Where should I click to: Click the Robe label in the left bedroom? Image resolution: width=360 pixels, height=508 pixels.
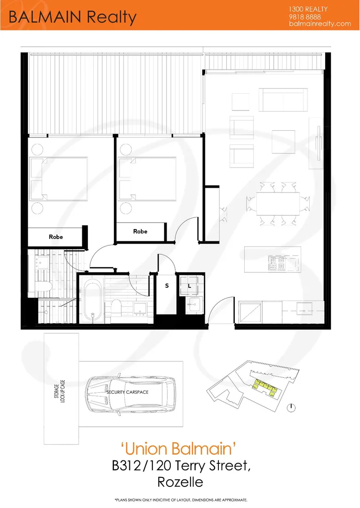point(56,237)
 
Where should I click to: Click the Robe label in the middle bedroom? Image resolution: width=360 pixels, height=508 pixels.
point(140,231)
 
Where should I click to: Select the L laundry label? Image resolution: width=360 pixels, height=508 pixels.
point(189,286)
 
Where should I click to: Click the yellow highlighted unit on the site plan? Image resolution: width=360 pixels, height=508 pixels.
point(265,388)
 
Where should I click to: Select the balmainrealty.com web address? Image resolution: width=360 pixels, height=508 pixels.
point(320,24)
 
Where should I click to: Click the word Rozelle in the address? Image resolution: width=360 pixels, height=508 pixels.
point(180,482)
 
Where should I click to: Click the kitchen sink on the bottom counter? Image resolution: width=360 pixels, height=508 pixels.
point(303,311)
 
